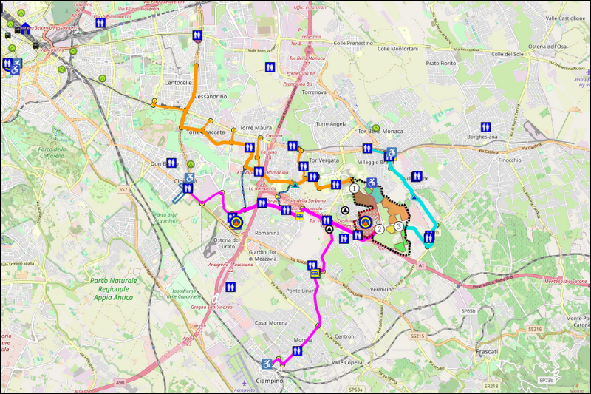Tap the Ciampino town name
point(268,380)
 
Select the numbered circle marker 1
point(355,189)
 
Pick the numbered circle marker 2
point(379,229)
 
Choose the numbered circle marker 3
point(399,226)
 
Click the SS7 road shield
point(123,190)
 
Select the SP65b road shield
point(467,312)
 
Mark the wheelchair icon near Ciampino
point(267,364)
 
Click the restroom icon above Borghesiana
point(485,126)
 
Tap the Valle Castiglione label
point(565,18)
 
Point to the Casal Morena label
point(271,323)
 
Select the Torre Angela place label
point(330,124)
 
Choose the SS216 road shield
point(535,329)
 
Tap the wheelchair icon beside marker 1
point(371,182)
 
